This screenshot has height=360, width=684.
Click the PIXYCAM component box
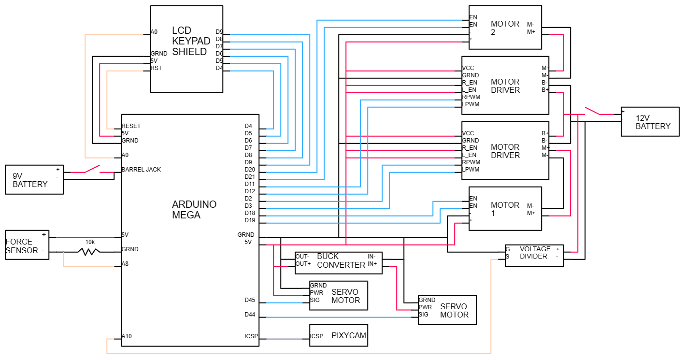click(x=338, y=335)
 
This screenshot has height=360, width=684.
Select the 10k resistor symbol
click(x=89, y=251)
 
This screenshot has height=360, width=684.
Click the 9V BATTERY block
click(x=34, y=180)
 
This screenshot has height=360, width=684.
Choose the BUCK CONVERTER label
click(x=341, y=260)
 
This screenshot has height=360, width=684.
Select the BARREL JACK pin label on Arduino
click(x=141, y=170)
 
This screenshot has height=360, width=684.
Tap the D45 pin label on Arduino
click(x=250, y=300)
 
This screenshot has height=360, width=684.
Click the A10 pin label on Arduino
click(x=127, y=336)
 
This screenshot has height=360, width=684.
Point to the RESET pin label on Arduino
click(x=131, y=126)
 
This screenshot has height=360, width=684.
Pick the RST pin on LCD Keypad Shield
click(x=156, y=68)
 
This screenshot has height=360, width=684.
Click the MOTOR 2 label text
click(x=505, y=28)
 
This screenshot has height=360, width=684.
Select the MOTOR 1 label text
click(x=505, y=209)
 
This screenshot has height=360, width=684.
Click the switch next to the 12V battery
click(x=593, y=111)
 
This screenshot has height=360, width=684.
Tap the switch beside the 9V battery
click(x=92, y=169)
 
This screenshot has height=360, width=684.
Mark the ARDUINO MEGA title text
click(x=194, y=210)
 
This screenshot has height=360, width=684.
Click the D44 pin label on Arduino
click(x=250, y=315)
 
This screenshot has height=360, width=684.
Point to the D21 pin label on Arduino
click(x=250, y=177)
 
